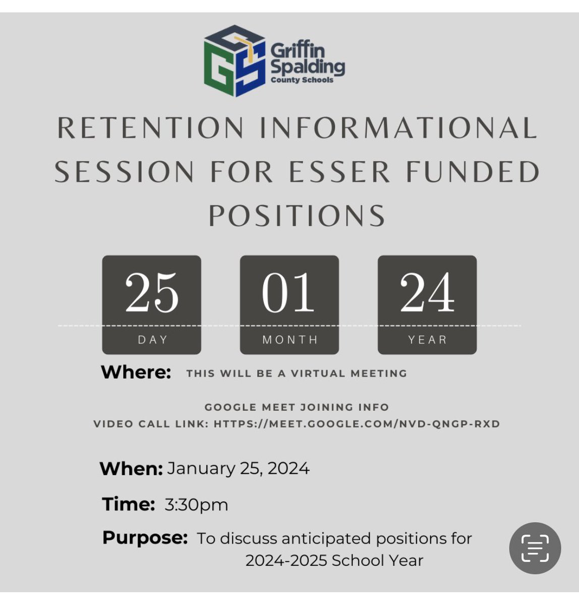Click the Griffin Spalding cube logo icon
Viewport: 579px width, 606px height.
pyautogui.click(x=235, y=61)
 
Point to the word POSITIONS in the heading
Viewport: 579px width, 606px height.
pyautogui.click(x=297, y=216)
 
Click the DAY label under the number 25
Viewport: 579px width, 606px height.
pyautogui.click(x=152, y=340)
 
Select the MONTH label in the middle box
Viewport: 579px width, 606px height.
pyautogui.click(x=290, y=340)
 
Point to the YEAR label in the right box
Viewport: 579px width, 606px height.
pyautogui.click(x=428, y=340)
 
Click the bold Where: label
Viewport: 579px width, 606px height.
pyautogui.click(x=136, y=373)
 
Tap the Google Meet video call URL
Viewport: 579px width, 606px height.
pyautogui.click(x=357, y=424)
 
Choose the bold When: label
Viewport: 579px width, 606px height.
pyautogui.click(x=131, y=469)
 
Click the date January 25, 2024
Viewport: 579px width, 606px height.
pyautogui.click(x=238, y=469)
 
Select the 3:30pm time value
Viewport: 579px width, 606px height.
pyautogui.click(x=197, y=504)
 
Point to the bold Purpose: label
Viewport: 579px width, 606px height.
pyautogui.click(x=145, y=537)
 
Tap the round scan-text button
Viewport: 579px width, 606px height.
pyautogui.click(x=535, y=548)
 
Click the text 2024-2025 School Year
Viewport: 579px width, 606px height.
pyautogui.click(x=334, y=561)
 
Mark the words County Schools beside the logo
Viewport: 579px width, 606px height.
pyautogui.click(x=302, y=80)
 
